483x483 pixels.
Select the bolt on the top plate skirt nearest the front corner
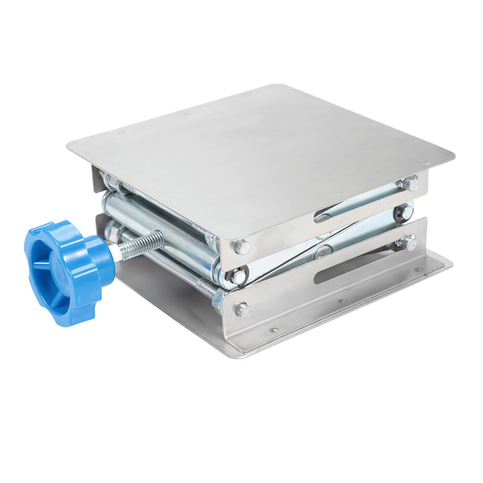coord(242,248)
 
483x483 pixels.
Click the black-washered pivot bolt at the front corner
coord(238,276)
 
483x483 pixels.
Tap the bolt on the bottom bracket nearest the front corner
coord(244,311)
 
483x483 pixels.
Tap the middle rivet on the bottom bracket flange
coord(341,300)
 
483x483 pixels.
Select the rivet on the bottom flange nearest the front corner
coord(274,331)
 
